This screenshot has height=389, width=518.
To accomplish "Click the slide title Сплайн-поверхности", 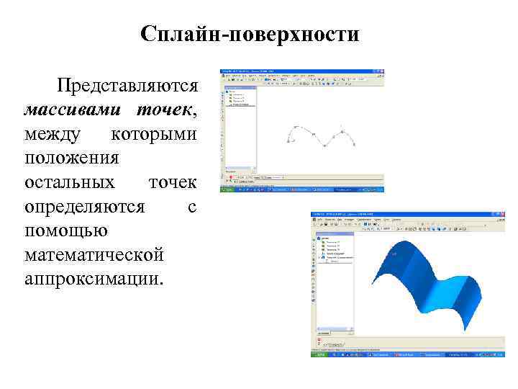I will pos(250,34).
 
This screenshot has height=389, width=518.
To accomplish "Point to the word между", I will pos(53,135).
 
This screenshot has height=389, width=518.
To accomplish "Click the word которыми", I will pos(154,135).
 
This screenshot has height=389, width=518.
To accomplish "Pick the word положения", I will pos(72,158).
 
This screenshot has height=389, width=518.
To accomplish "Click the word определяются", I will pos(85,207).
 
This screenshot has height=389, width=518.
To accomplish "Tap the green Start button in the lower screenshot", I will pos(317,355).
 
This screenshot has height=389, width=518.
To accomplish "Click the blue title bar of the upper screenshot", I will pos(302,71).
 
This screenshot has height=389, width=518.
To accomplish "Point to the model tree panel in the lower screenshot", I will pos(335,252).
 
